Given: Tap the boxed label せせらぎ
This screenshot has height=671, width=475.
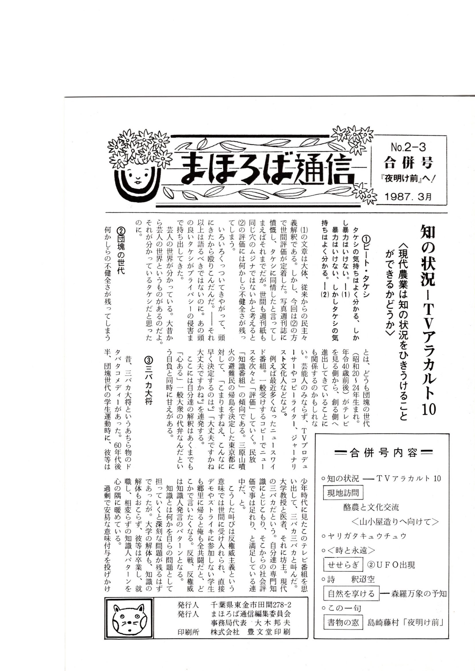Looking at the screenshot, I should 343,565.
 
